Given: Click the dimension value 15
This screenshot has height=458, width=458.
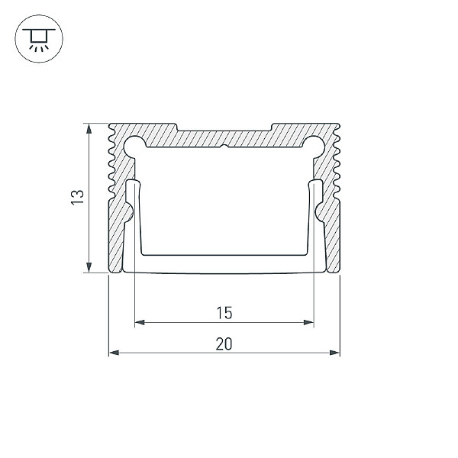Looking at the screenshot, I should (224, 312).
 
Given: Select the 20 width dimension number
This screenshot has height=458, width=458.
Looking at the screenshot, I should (224, 343).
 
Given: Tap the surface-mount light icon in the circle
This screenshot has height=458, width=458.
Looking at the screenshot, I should (35, 39).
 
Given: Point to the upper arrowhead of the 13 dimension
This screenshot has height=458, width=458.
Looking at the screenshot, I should (91, 127).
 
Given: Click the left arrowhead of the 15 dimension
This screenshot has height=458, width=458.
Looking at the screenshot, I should (138, 322).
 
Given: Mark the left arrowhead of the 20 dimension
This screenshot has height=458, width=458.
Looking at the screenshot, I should (112, 353).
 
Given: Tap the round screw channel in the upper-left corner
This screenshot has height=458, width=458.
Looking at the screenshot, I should (132, 144).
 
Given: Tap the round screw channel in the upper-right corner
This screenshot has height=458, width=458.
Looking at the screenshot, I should (315, 144).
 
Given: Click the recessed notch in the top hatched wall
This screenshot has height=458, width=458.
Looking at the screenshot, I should (224, 127).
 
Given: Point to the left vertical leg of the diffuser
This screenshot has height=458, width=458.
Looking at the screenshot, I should (131, 221).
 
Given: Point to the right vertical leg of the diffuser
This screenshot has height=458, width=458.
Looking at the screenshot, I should (317, 221).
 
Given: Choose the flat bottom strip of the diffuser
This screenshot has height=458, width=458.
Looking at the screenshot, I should (224, 264).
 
